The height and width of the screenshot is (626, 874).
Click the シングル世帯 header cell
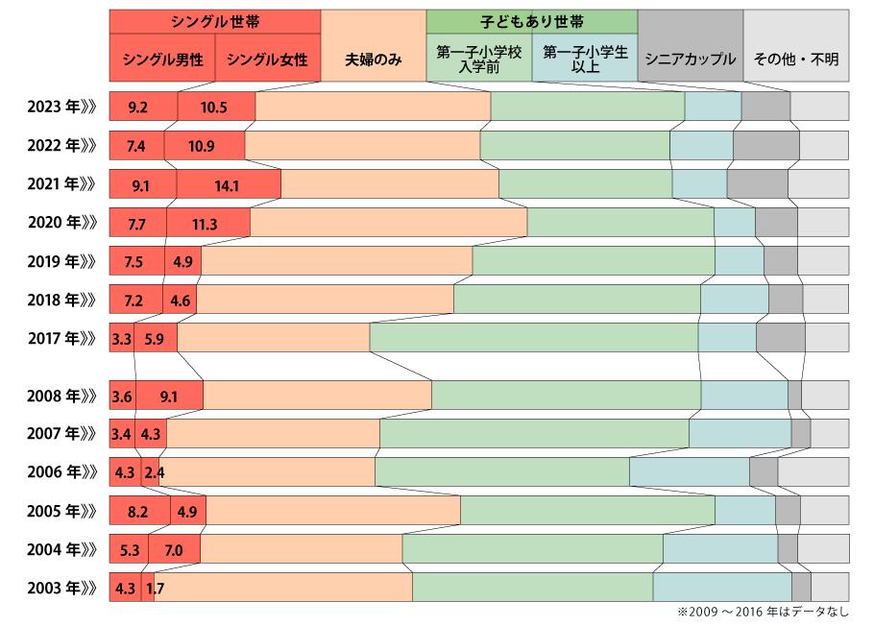tap(214, 21)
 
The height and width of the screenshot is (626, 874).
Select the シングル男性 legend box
tap(162, 59)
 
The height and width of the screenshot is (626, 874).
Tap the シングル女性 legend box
tap(267, 59)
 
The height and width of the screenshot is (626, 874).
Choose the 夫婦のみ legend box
tap(374, 59)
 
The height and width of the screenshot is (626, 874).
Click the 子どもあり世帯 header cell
tap(531, 21)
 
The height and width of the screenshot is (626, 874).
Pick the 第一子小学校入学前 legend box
tap(478, 59)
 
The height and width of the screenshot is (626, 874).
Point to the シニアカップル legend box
tap(690, 59)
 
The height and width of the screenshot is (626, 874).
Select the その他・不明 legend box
tap(795, 59)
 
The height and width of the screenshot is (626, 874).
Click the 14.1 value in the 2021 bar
tap(227, 184)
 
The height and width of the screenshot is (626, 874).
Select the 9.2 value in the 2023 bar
tap(137, 108)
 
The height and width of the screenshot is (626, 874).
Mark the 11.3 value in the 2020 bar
tap(205, 223)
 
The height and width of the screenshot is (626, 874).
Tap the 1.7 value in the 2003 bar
tap(155, 588)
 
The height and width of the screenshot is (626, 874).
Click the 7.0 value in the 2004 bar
tap(174, 549)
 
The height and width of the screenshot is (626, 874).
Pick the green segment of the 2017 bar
tap(533, 338)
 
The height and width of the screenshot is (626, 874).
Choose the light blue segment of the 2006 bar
tap(689, 472)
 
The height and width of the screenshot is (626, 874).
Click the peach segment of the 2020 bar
tap(388, 223)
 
